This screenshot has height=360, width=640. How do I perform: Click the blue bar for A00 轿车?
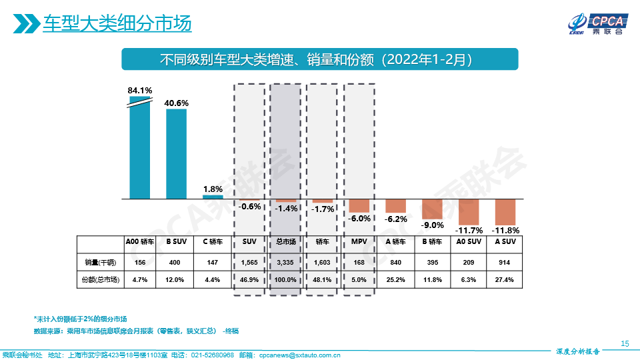tap(140, 150)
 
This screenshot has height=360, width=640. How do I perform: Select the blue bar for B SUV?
tap(176, 154)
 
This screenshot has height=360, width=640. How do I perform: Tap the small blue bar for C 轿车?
tap(213, 197)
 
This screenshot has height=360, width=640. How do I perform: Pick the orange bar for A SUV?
tap(505, 213)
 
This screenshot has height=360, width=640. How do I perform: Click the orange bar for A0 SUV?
tap(469, 213)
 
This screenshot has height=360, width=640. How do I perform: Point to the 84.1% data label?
tap(140, 90)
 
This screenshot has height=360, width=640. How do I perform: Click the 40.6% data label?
tap(176, 103)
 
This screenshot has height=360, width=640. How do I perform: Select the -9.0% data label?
tap(432, 225)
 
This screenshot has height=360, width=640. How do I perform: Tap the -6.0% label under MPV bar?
tap(359, 218)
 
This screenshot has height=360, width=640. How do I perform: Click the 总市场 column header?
tap(286, 242)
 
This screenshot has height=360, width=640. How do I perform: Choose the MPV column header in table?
tap(359, 242)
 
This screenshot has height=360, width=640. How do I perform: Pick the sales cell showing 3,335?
tap(286, 262)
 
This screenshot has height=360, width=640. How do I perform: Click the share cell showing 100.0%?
tap(286, 280)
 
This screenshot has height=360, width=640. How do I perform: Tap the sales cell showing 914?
tap(505, 262)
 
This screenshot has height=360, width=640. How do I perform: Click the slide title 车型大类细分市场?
tap(117, 24)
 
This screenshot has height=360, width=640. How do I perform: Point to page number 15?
tap(625, 343)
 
